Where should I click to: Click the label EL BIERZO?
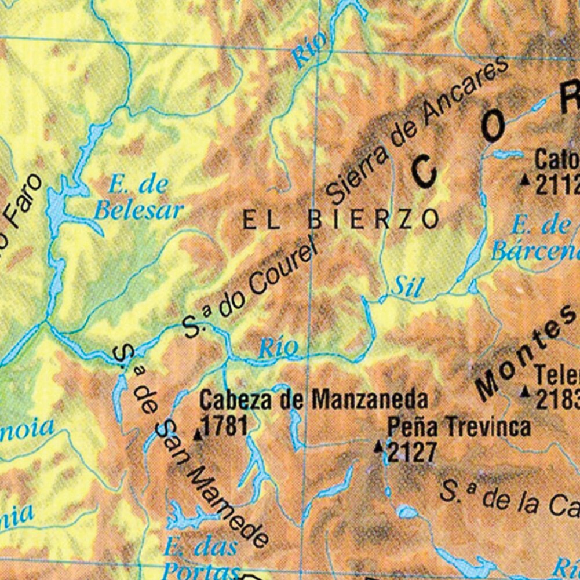tap(340, 220)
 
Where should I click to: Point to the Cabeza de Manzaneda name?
tap(313, 400)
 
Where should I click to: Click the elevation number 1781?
tap(225, 426)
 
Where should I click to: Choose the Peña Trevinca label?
tap(458, 427)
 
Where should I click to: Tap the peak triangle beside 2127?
tap(379, 446)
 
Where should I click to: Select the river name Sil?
tap(407, 286)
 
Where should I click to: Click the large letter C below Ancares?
tap(425, 173)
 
